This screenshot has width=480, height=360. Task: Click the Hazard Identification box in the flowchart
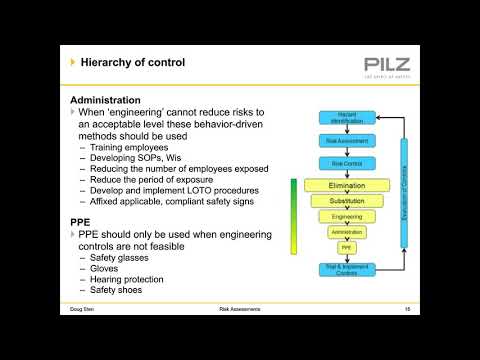click(347, 118)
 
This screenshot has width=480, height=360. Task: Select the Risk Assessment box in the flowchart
click(347, 140)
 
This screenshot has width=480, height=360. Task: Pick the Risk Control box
click(347, 162)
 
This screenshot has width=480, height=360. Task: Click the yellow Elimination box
click(347, 186)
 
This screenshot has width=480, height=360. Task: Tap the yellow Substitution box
click(347, 201)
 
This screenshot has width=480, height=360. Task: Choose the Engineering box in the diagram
click(347, 216)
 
